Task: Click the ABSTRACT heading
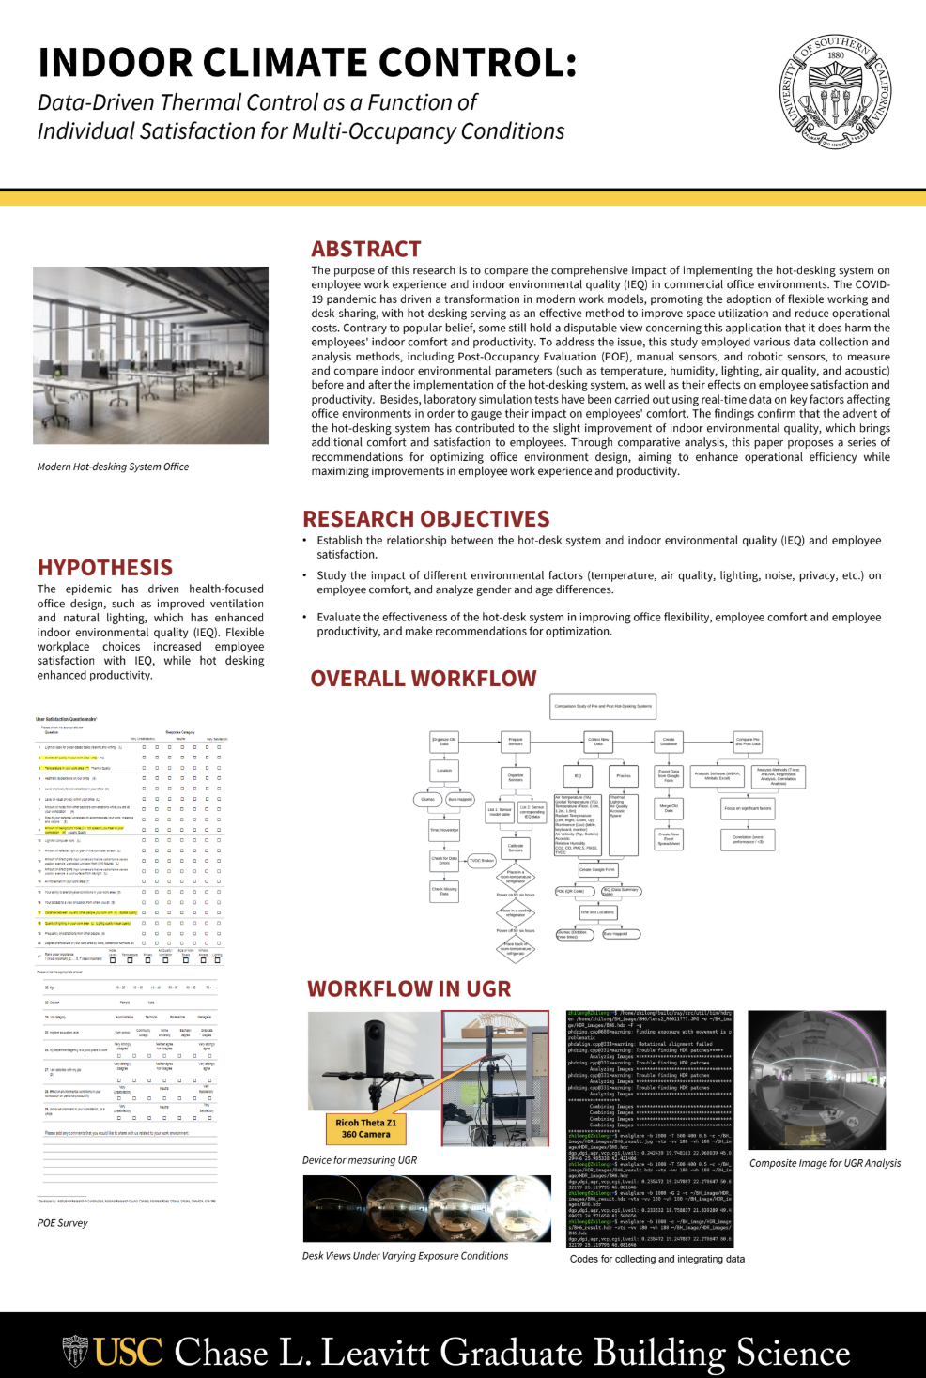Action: point(366,249)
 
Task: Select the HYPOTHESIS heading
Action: point(105,568)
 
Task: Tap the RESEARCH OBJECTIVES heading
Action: point(426,519)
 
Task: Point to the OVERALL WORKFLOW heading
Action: point(424,679)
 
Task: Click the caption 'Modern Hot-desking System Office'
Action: point(113,467)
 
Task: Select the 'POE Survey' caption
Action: point(63,1223)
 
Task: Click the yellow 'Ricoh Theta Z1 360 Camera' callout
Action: point(366,1128)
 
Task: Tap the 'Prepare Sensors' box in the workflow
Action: point(516,742)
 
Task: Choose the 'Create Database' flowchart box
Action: point(669,741)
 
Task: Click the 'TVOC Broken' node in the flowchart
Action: point(481,860)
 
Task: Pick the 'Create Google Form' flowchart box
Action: point(597,869)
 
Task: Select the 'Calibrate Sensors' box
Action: point(516,847)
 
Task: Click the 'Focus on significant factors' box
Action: point(748,807)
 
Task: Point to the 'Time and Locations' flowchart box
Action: point(597,911)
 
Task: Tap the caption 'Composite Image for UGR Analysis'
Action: point(825,1163)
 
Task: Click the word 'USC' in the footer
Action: point(129,1353)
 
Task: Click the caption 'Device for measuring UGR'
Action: point(360,1160)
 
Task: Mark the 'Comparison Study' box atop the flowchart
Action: point(603,706)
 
